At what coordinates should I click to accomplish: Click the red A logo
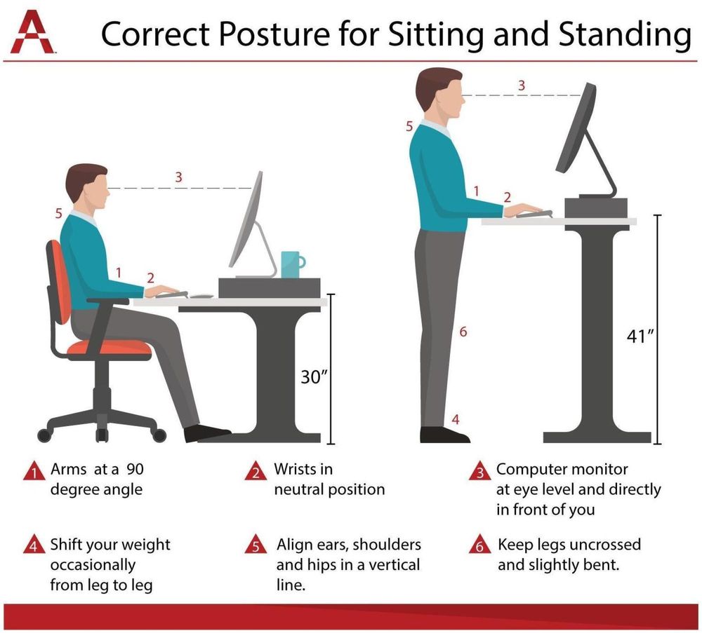coord(32,32)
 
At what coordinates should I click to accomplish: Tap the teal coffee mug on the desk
coord(292,264)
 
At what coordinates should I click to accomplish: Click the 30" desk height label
coord(314,377)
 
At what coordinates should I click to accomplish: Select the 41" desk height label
coord(640,336)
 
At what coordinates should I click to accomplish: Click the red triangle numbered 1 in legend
coord(34,471)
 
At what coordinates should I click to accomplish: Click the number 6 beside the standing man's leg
coord(463,332)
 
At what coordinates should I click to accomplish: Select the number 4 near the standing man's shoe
coord(456,419)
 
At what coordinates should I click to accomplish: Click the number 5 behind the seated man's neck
coord(59,214)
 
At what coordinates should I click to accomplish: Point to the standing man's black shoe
coord(444,435)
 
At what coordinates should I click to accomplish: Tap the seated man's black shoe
coord(206,433)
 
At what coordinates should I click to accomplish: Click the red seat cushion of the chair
coord(110,348)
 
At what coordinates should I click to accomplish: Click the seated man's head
coord(88,186)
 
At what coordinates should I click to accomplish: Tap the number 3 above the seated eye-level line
coord(178,177)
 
